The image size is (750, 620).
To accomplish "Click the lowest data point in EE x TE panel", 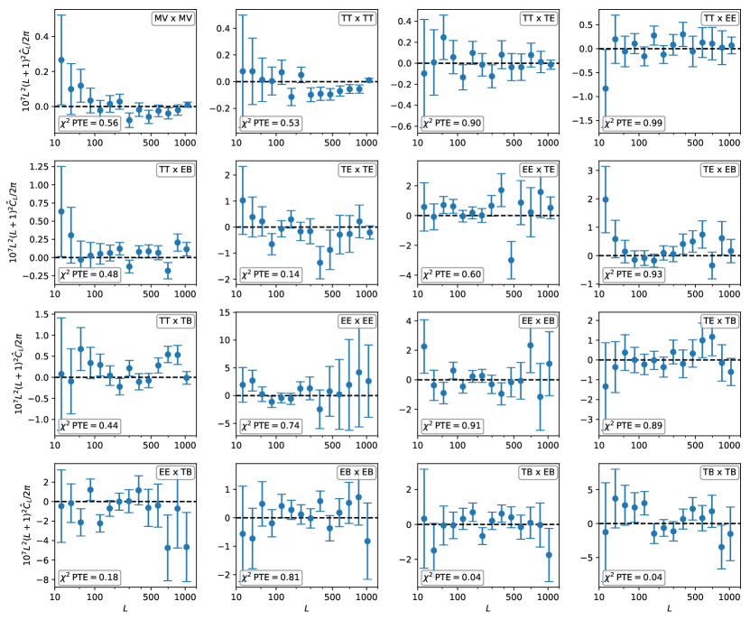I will point(512,260).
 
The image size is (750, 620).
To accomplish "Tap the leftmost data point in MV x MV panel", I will point(61,60).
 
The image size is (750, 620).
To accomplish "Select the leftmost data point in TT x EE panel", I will point(605,88).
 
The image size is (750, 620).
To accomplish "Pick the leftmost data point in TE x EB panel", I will point(605,199).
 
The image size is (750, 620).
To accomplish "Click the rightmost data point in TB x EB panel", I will point(549,554).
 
